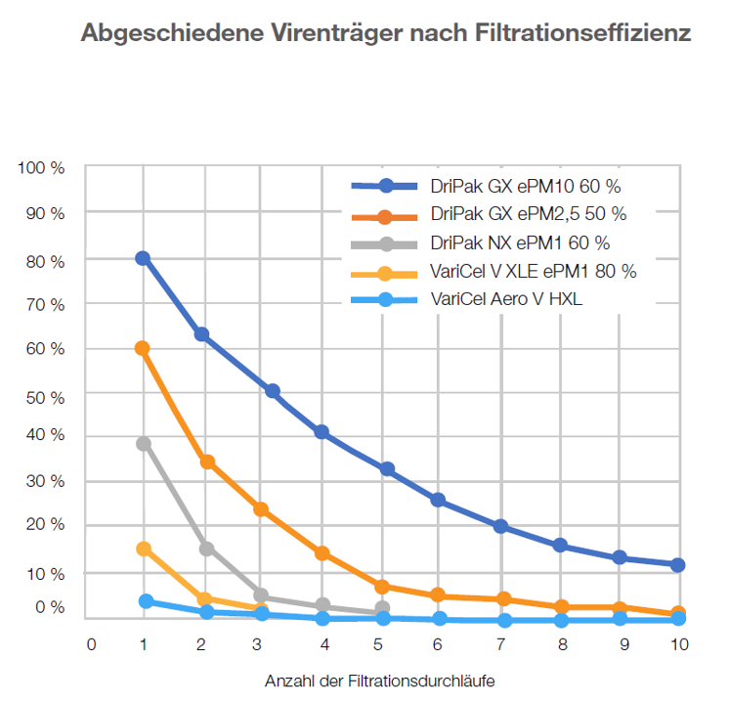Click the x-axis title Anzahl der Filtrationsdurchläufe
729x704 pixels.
(x=387, y=680)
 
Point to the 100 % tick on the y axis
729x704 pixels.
(x=41, y=168)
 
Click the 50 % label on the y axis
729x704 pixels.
(x=45, y=392)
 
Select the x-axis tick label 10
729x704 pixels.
(x=678, y=644)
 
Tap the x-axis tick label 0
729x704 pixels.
(x=91, y=644)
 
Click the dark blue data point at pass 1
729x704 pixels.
(x=143, y=258)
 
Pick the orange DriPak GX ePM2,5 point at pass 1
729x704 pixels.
(x=143, y=348)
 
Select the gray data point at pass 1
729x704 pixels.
(x=144, y=444)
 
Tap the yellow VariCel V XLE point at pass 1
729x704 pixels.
(x=144, y=549)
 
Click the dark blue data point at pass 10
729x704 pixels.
(x=678, y=565)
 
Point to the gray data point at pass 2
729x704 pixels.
(x=206, y=549)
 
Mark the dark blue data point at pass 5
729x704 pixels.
(x=387, y=469)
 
